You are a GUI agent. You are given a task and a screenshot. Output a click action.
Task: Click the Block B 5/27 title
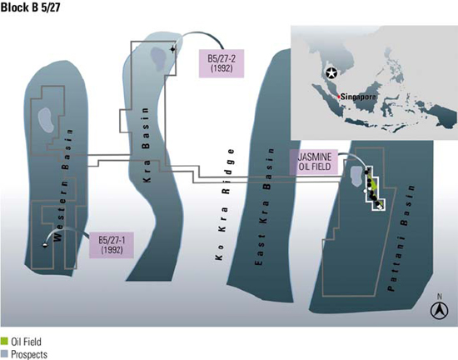click(30, 7)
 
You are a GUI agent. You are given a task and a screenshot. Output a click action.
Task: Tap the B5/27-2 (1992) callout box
click(222, 63)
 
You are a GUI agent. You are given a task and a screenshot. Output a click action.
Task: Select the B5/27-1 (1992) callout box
click(112, 245)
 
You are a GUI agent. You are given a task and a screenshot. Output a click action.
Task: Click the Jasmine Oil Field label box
click(314, 162)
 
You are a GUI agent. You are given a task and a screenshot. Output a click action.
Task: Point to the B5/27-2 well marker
click(173, 49)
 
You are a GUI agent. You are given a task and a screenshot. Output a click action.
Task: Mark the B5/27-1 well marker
click(45, 245)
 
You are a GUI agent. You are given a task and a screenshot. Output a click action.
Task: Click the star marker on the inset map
click(331, 73)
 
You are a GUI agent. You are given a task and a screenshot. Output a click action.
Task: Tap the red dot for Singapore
click(339, 97)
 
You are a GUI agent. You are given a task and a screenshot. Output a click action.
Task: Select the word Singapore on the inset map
click(358, 97)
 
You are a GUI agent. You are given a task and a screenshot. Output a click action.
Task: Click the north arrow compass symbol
click(439, 310)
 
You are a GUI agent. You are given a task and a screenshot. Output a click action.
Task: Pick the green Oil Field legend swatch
click(4, 341)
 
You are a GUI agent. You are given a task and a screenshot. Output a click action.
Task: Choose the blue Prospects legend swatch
click(4, 352)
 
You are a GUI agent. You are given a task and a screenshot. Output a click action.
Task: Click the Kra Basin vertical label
click(146, 145)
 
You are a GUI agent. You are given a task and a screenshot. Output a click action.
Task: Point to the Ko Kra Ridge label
click(226, 204)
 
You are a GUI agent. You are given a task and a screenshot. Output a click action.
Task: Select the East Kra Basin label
click(265, 207)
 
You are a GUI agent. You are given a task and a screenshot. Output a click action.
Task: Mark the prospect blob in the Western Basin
click(46, 120)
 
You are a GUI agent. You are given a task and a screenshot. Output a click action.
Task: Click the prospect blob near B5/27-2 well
click(158, 59)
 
